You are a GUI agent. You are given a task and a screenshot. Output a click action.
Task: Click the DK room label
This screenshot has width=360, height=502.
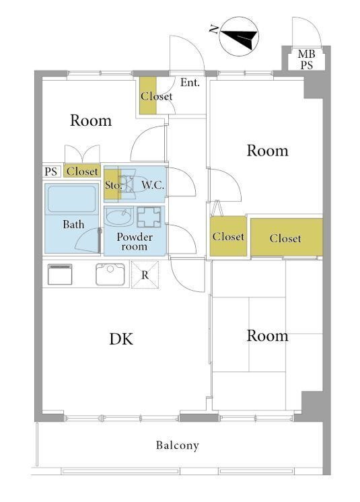121,339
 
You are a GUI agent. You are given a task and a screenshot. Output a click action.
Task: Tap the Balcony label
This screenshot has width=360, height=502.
178,445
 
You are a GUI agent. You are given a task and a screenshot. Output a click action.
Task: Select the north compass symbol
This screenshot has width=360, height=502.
240,36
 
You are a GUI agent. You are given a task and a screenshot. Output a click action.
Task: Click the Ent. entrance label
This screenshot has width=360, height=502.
190,83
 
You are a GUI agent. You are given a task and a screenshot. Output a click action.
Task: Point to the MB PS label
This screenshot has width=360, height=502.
306,59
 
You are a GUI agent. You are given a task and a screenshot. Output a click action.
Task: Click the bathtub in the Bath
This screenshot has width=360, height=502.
71,199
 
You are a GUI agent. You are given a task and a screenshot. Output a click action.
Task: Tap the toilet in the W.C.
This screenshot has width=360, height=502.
131,184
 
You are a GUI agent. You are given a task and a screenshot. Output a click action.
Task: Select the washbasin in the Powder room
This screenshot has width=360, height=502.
119,217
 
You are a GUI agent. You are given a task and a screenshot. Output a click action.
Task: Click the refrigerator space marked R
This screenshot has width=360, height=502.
145,275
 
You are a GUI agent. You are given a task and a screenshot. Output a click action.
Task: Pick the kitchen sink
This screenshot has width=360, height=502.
110,274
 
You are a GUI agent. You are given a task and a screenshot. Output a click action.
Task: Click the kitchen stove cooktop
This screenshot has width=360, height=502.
60,274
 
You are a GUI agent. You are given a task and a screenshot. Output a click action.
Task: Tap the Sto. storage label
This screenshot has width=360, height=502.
113,185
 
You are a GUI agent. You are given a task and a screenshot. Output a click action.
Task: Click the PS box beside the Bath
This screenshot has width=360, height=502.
51,172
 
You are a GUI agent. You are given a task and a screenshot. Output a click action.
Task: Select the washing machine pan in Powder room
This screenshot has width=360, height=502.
149,217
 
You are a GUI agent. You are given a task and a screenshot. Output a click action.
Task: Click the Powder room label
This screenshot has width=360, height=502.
135,242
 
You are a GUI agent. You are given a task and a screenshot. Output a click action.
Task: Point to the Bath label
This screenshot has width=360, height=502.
73,224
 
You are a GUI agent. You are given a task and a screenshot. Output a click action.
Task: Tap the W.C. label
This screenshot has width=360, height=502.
153,185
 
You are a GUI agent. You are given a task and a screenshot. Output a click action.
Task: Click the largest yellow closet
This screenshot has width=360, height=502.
287,238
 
